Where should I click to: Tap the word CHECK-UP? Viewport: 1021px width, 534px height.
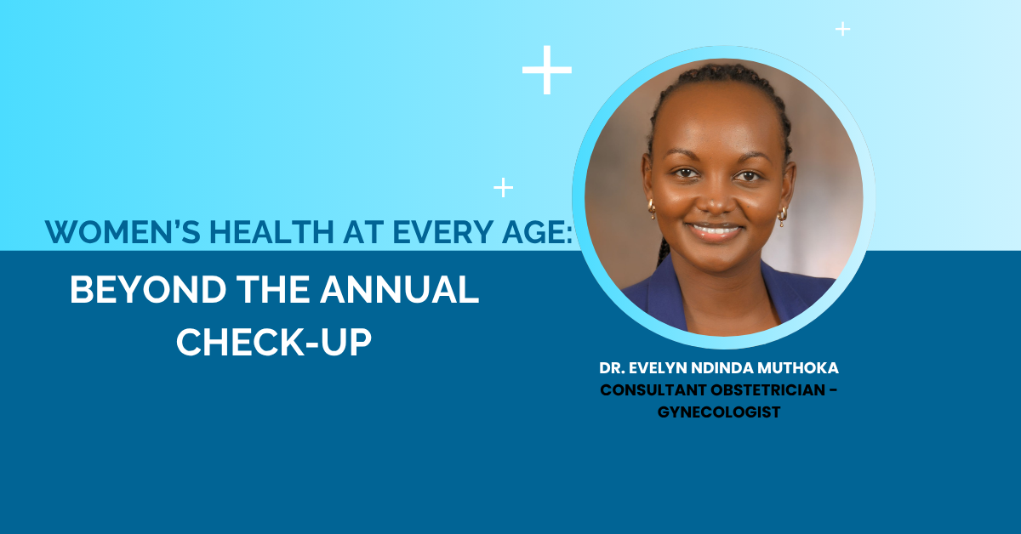[x=274, y=342]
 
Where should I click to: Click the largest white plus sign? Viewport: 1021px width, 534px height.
[x=547, y=70]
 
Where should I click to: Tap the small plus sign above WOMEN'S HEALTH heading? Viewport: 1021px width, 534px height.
[x=504, y=187]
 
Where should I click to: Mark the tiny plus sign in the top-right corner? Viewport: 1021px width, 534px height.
[x=842, y=29]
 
